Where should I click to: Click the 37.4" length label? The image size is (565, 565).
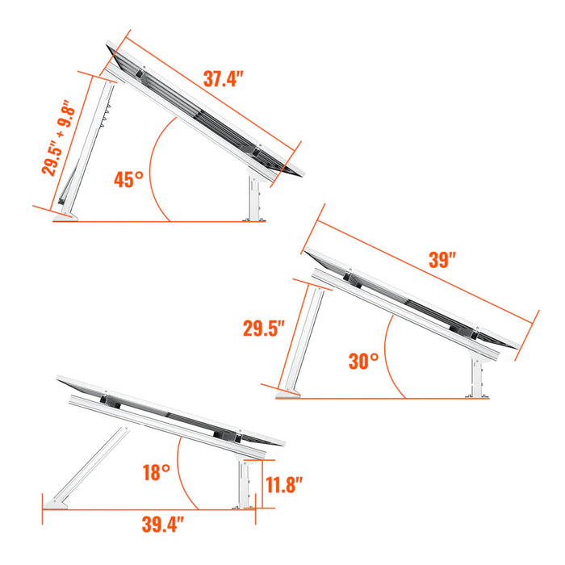[x=224, y=80]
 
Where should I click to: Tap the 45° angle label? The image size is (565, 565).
[x=128, y=179]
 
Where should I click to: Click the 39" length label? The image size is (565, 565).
[x=442, y=260]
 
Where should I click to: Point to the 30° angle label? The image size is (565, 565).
[x=364, y=361]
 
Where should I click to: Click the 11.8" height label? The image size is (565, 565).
[x=284, y=485]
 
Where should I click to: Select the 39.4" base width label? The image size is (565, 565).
[x=158, y=525]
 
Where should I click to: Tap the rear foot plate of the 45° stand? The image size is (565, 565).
[x=66, y=216]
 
